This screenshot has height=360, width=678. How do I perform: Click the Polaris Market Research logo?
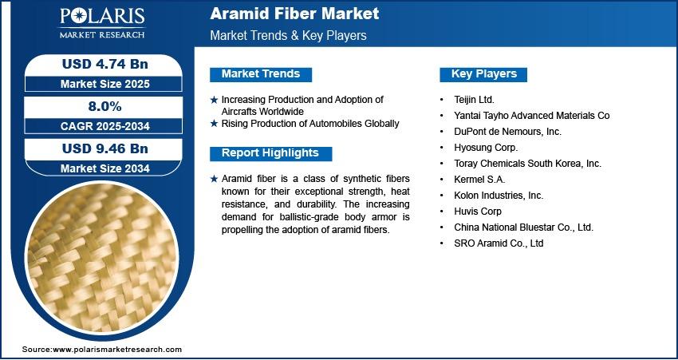[x=102, y=23]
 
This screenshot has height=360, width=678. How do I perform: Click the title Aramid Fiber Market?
[x=294, y=14]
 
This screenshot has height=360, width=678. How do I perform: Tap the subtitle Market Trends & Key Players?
[x=289, y=35]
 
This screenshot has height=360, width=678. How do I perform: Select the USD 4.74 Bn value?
[x=105, y=64]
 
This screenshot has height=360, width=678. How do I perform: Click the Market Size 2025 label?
[x=105, y=84]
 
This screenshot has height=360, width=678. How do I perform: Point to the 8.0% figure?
[x=105, y=106]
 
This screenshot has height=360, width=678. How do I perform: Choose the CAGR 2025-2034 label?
[x=105, y=126]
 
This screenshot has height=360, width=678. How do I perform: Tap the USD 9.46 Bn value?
[x=105, y=148]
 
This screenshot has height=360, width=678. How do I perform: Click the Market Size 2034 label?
[x=105, y=168]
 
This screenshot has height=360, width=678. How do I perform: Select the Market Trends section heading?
[x=261, y=74]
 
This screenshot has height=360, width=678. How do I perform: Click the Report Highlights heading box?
[x=270, y=153]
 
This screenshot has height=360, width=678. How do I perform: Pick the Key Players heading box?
[x=483, y=74]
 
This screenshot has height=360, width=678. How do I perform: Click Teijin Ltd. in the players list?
[x=474, y=100]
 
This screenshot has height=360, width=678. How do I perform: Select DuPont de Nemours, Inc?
[x=507, y=132]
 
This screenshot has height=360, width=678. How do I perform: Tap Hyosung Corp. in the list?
[x=486, y=148]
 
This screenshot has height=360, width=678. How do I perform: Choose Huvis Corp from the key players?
[x=478, y=212]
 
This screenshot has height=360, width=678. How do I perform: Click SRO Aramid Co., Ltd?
[x=499, y=243]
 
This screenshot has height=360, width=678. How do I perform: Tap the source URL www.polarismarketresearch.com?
[x=117, y=349]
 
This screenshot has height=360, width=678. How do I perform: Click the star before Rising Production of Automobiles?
[x=214, y=124]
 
